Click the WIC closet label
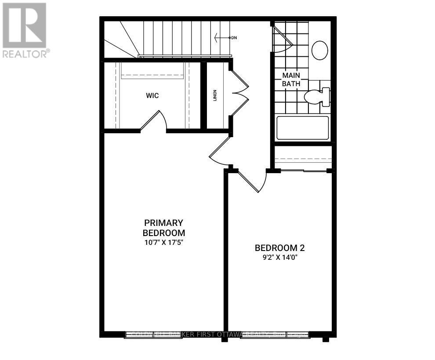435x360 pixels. (152, 95)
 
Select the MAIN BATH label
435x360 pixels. (291, 79)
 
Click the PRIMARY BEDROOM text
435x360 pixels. (163, 228)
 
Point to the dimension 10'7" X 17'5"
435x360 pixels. (163, 242)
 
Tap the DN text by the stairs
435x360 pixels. (234, 38)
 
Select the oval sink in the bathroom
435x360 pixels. (319, 50)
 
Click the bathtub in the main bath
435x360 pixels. (302, 128)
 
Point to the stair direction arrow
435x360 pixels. (222, 38)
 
